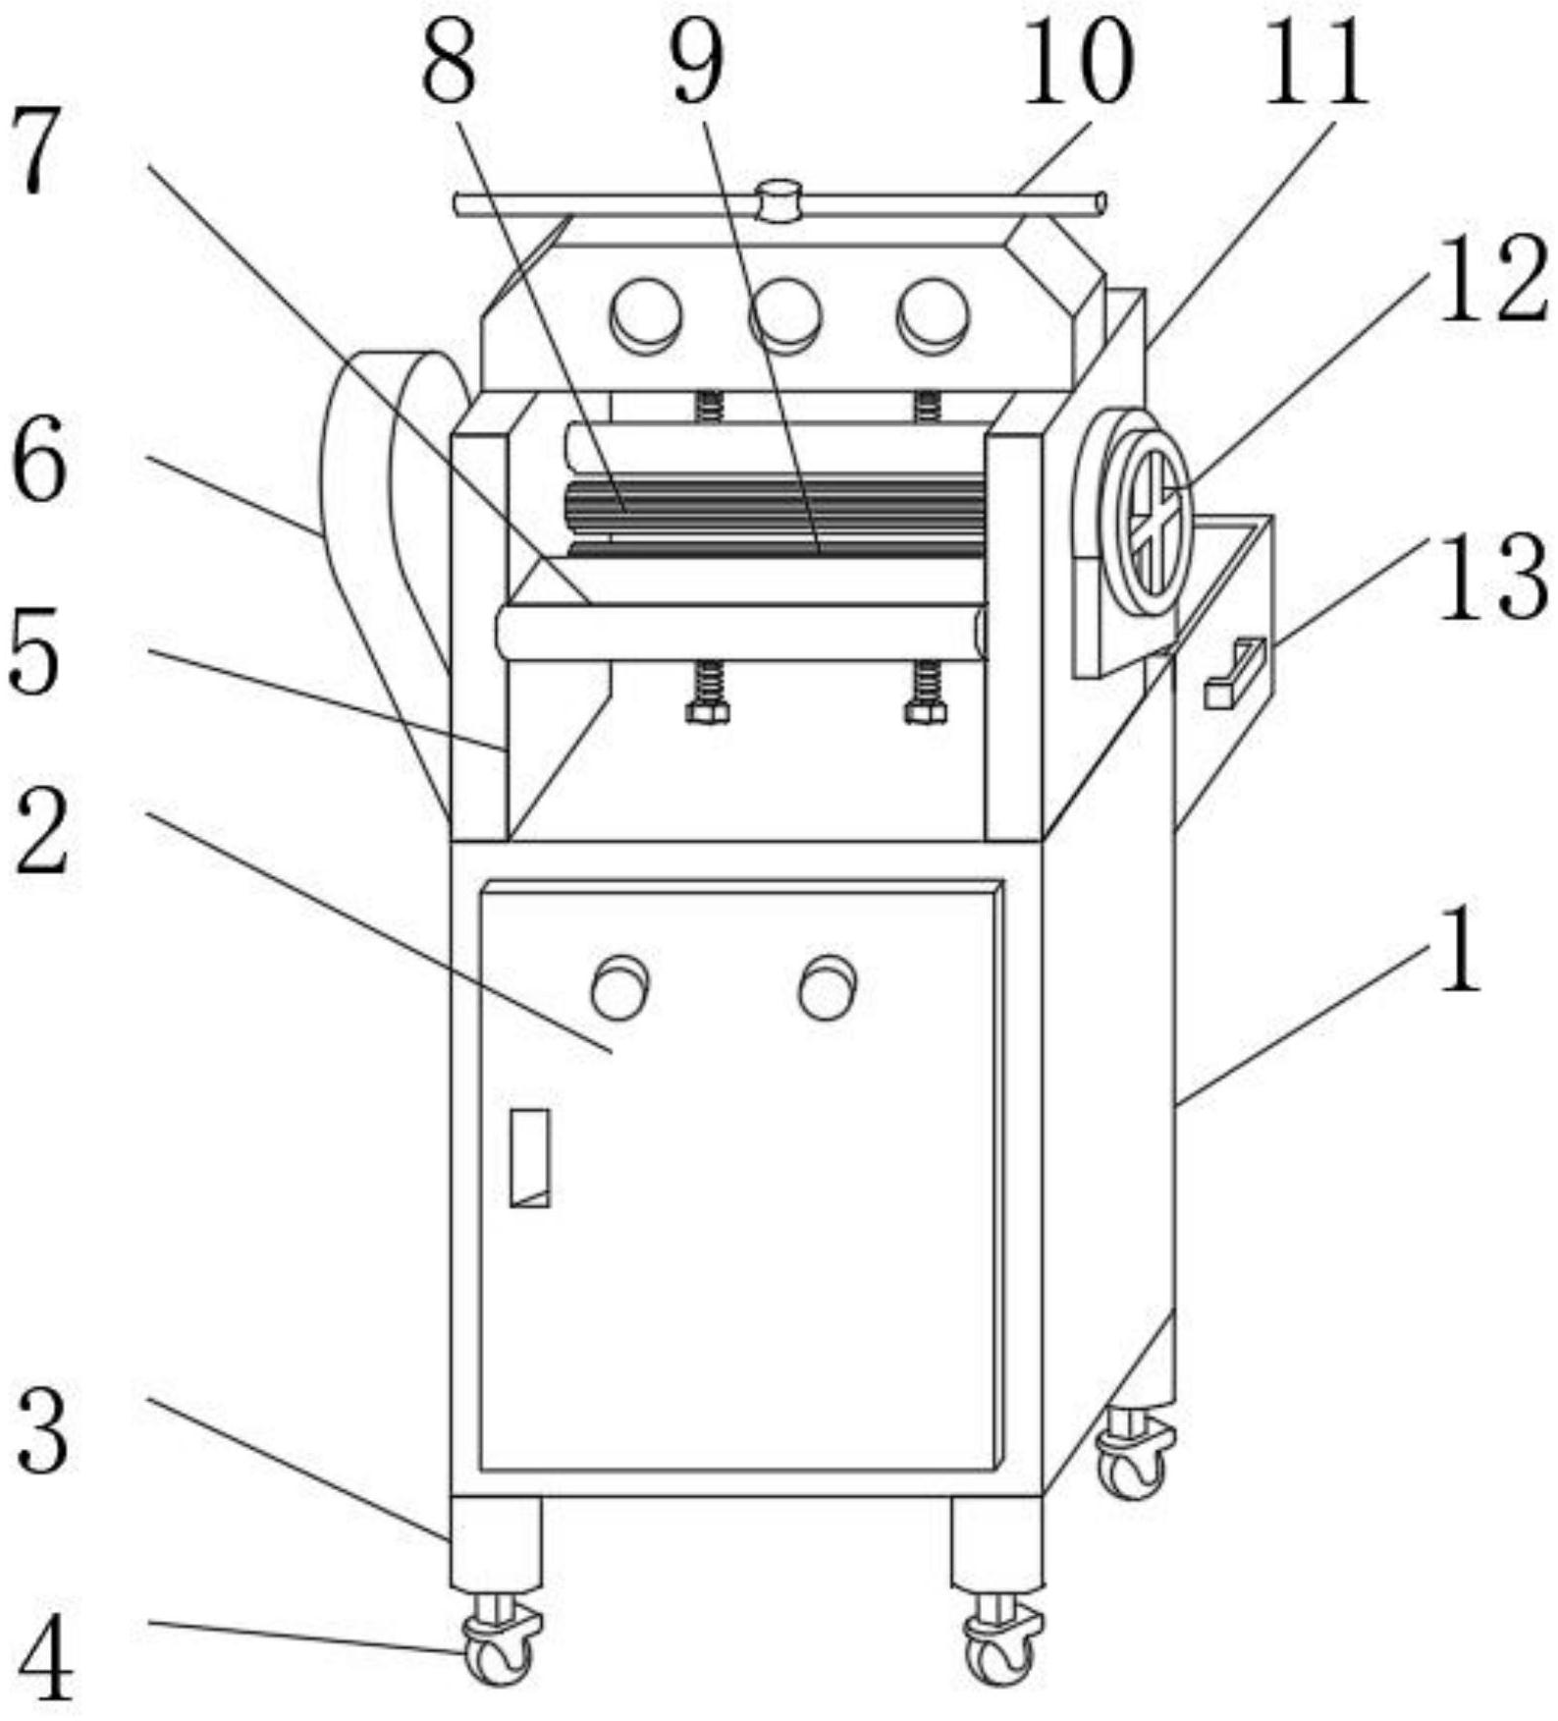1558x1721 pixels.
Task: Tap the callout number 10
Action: pos(1077,61)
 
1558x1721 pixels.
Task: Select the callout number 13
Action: pos(1492,579)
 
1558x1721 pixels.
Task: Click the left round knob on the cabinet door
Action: pos(619,986)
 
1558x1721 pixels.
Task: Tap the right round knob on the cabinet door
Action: pos(828,986)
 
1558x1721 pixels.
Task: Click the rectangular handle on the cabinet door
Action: pos(530,1157)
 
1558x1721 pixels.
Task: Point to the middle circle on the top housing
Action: pos(784,315)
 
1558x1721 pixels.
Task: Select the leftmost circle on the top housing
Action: pos(646,315)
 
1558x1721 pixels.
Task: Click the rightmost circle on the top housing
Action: pos(933,315)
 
